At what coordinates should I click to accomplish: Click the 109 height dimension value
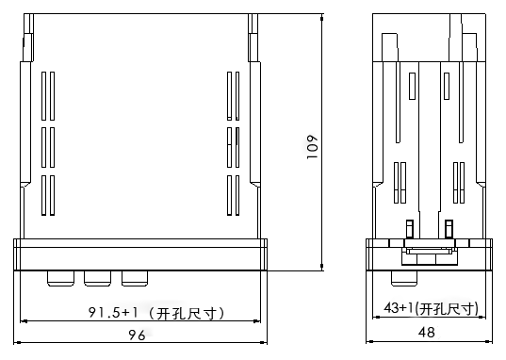tap(312, 147)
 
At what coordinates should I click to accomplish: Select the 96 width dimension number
tap(138, 335)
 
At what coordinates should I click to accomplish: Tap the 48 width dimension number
tap(426, 333)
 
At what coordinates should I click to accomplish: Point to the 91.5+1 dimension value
tap(113, 312)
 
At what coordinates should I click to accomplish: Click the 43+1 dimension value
tap(399, 307)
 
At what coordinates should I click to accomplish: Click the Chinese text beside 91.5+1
tap(187, 313)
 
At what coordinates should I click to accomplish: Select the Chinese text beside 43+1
tap(446, 309)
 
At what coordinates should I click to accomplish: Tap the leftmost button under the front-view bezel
tap(60, 278)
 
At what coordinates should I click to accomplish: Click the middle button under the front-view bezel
tap(97, 278)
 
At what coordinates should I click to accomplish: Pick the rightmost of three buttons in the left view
tap(135, 278)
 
